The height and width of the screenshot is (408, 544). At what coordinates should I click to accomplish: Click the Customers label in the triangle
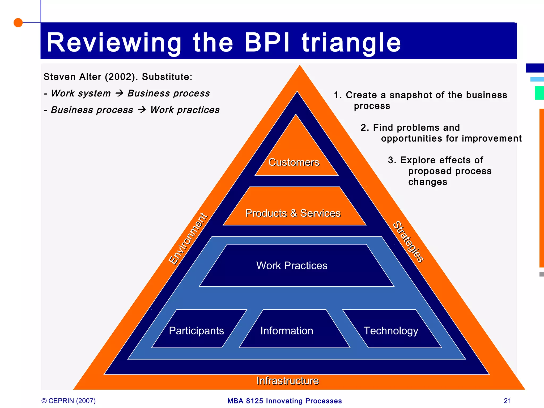pyautogui.click(x=294, y=162)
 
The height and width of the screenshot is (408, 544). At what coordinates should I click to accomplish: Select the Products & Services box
pyautogui.click(x=293, y=213)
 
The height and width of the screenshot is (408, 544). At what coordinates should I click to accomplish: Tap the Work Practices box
pyautogui.click(x=292, y=266)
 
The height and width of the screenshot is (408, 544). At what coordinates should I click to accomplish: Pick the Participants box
pyautogui.click(x=196, y=331)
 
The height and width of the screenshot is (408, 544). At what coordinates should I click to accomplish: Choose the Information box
pyautogui.click(x=287, y=331)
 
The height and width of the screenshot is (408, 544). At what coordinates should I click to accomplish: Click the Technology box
pyautogui.click(x=391, y=331)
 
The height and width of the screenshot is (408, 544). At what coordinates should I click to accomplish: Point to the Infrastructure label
pyautogui.click(x=288, y=381)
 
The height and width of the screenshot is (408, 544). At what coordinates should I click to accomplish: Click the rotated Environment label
pyautogui.click(x=188, y=239)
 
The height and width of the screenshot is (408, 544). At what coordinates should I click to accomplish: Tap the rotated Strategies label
pyautogui.click(x=408, y=241)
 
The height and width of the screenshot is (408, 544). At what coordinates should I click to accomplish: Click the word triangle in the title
pyautogui.click(x=351, y=42)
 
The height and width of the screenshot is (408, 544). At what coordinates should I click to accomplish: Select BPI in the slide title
pyautogui.click(x=267, y=42)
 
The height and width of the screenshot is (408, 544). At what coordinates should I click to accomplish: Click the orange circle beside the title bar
pyautogui.click(x=18, y=23)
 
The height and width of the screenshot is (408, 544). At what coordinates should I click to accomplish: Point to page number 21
pyautogui.click(x=507, y=401)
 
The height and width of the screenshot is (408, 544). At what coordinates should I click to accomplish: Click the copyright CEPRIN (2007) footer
pyautogui.click(x=69, y=401)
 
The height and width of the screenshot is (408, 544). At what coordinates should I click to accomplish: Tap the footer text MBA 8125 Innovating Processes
pyautogui.click(x=284, y=401)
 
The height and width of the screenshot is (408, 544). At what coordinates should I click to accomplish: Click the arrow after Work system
pyautogui.click(x=120, y=93)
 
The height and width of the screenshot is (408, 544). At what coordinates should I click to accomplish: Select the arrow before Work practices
pyautogui.click(x=142, y=110)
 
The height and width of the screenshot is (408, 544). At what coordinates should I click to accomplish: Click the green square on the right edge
pyautogui.click(x=539, y=93)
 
